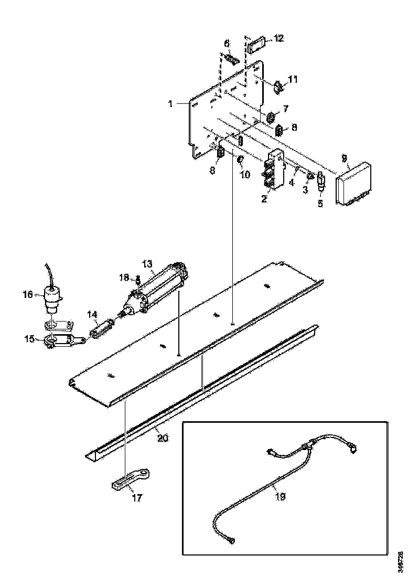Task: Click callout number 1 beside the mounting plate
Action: click(171, 104)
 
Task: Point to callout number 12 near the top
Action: click(278, 38)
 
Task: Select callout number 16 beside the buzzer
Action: click(27, 295)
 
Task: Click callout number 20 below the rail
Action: click(163, 437)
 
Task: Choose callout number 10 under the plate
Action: click(245, 174)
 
